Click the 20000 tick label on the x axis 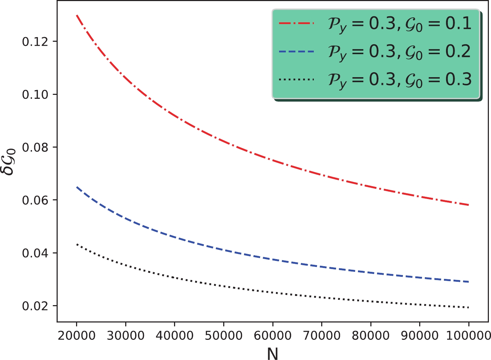coord(76,335)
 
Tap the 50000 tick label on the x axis coord(224,335)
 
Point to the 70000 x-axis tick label coord(322,335)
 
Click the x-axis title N coord(272,353)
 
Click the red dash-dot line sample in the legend coord(296,23)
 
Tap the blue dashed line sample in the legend coord(296,52)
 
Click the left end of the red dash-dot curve coord(77,16)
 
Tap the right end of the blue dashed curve coord(468,282)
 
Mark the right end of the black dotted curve coord(468,307)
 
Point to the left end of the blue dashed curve coord(77,187)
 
